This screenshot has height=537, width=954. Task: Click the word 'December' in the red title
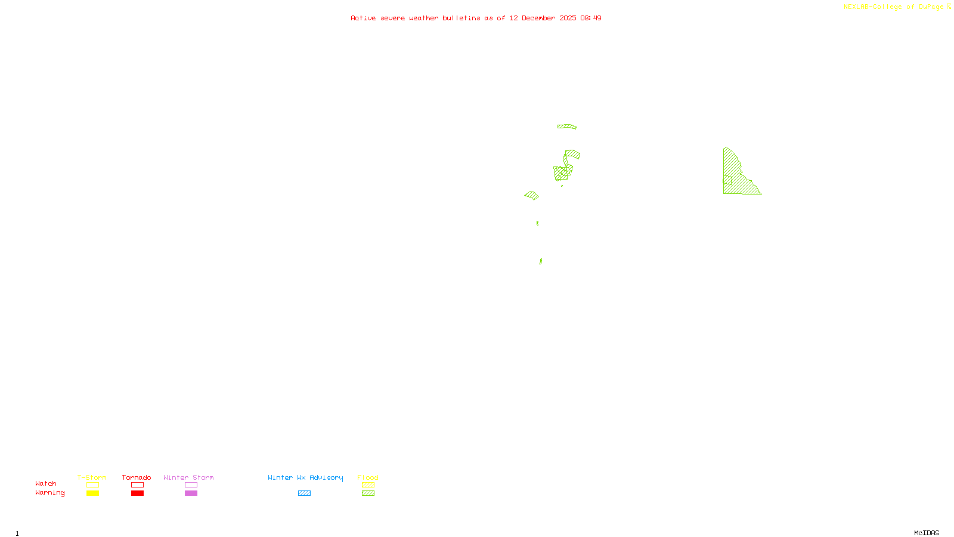pyautogui.click(x=538, y=18)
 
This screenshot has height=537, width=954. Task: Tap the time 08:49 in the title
pyautogui.click(x=591, y=18)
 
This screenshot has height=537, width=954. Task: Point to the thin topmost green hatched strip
pyautogui.click(x=567, y=126)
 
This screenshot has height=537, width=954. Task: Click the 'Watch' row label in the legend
pyautogui.click(x=46, y=483)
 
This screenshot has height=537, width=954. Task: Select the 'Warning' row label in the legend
pyautogui.click(x=49, y=493)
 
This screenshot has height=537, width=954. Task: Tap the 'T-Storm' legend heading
pyautogui.click(x=92, y=477)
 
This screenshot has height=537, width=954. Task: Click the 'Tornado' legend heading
pyautogui.click(x=137, y=477)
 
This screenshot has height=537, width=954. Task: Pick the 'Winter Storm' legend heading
pyautogui.click(x=188, y=477)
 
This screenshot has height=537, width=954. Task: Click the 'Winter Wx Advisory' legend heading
pyautogui.click(x=305, y=477)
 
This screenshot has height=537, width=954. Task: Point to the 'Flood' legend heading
pyautogui.click(x=368, y=477)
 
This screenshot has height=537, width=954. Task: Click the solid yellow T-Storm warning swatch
pyautogui.click(x=92, y=493)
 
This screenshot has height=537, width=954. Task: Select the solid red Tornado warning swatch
pyautogui.click(x=138, y=493)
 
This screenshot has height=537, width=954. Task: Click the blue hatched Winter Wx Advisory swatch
pyautogui.click(x=304, y=493)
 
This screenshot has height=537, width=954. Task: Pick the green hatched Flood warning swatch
pyautogui.click(x=368, y=493)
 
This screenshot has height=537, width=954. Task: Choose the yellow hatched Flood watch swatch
pyautogui.click(x=368, y=485)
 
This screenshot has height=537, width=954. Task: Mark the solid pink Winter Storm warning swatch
pyautogui.click(x=191, y=493)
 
